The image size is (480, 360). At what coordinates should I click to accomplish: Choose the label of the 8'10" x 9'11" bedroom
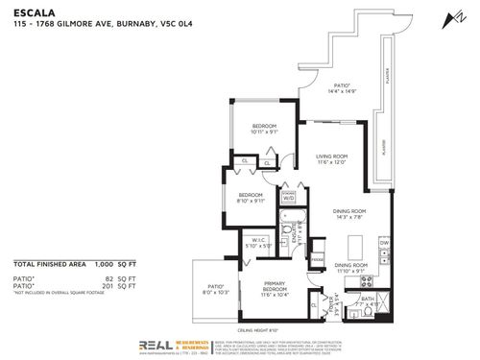252,198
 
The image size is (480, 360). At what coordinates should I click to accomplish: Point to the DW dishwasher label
383,244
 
